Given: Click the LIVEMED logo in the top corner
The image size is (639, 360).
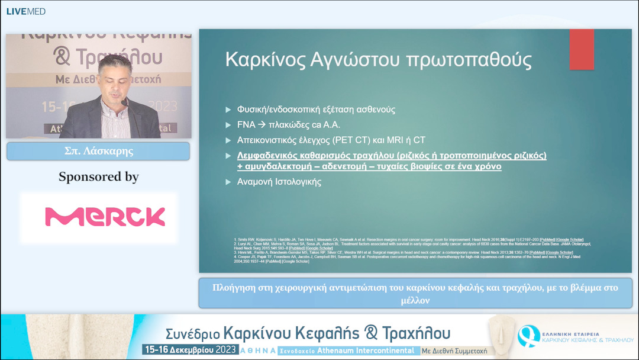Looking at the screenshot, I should click(25, 11).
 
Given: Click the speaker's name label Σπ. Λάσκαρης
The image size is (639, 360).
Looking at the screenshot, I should click(98, 151).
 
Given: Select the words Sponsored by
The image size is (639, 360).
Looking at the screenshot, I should click(98, 176).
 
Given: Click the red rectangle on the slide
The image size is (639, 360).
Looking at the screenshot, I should click(581, 49).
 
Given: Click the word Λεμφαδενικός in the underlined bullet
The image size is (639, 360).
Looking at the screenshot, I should click(270, 156).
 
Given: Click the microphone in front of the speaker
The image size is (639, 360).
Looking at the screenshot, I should click(125, 103).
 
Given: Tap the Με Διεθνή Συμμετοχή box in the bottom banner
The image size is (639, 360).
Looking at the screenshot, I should click(454, 351).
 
